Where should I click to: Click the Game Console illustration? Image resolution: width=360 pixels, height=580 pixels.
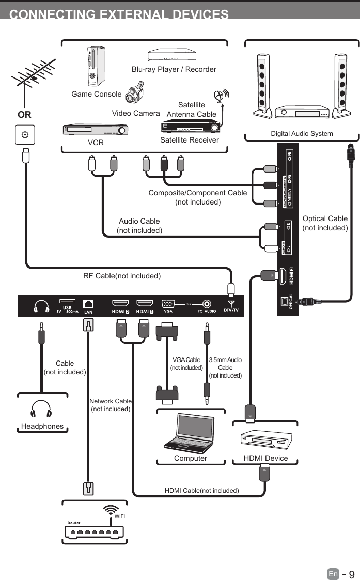click(94, 66)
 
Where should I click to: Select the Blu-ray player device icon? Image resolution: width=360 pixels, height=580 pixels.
click(172, 55)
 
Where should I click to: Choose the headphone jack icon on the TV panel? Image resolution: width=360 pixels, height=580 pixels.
click(41, 307)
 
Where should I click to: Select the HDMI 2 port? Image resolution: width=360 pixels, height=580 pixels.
click(120, 304)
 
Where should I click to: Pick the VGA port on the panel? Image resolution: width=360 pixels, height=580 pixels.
click(168, 304)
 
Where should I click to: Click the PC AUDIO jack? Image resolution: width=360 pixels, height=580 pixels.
click(207, 304)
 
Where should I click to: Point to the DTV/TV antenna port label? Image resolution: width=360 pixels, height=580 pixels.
click(231, 307)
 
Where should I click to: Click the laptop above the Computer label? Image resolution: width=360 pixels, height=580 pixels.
click(189, 434)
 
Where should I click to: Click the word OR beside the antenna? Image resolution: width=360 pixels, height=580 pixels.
click(24, 115)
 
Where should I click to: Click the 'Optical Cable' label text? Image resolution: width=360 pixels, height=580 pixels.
click(325, 218)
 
